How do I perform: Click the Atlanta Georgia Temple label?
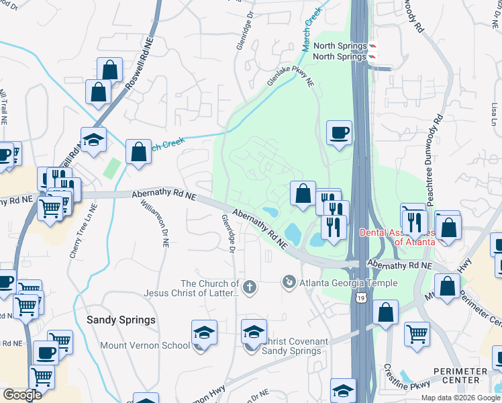coord(340,281)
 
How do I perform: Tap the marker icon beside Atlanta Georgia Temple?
coord(289,281)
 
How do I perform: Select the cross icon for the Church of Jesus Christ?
coord(250,287)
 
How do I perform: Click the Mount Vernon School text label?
coord(145,346)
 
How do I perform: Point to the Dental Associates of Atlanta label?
coord(397,237)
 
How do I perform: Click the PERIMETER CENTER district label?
coord(460,377)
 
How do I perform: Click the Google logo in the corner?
coord(22,395)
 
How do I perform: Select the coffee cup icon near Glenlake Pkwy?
coord(340,132)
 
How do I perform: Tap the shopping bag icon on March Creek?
coord(138,152)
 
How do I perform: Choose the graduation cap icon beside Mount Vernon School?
coord(204,332)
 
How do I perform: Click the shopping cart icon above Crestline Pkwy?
coord(417,332)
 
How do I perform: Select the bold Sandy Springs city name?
coord(121,320)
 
